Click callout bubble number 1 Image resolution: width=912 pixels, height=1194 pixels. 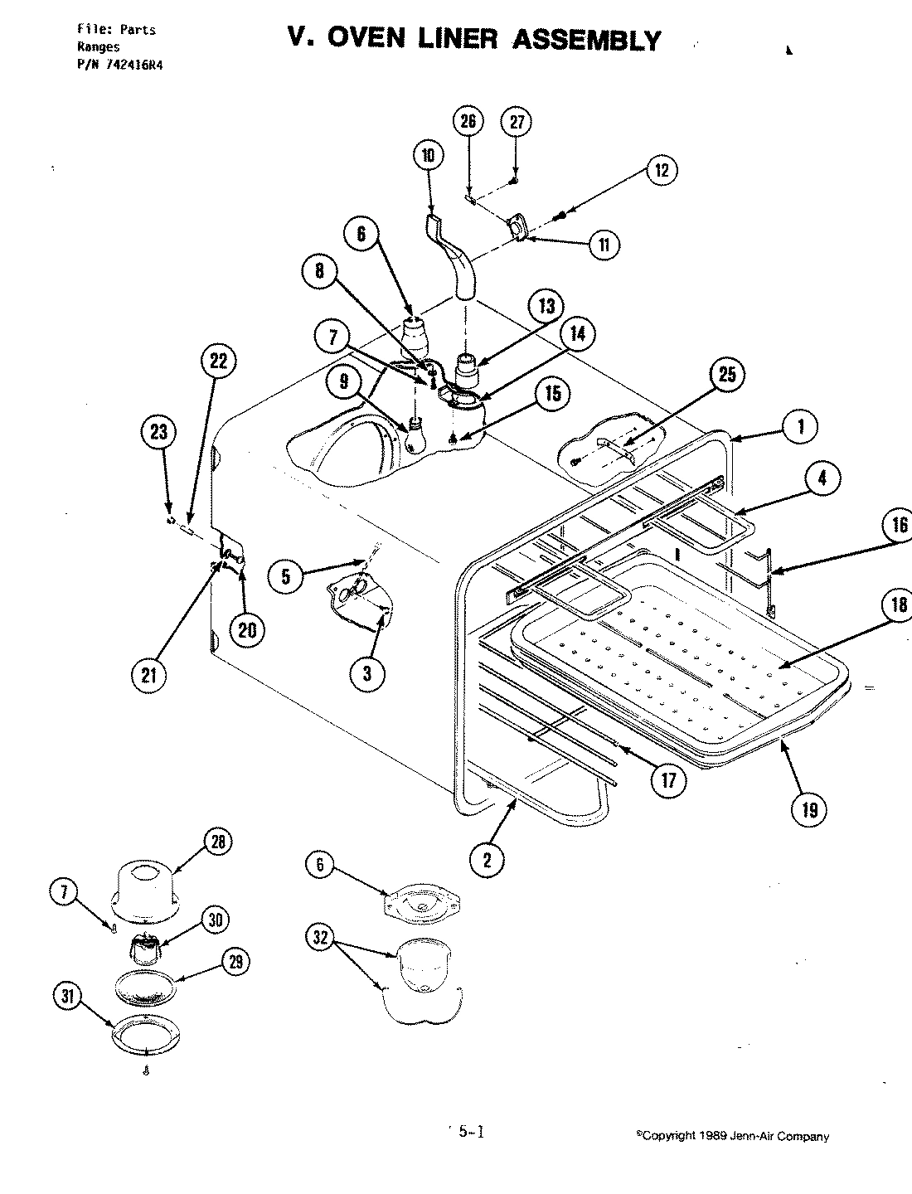click(x=800, y=427)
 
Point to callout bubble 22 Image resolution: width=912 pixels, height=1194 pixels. click(x=218, y=361)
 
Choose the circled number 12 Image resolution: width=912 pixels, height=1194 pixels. click(x=661, y=170)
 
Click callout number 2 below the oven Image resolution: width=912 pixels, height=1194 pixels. click(x=488, y=860)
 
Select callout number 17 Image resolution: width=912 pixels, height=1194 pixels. click(x=668, y=779)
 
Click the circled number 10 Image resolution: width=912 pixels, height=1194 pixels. click(x=427, y=155)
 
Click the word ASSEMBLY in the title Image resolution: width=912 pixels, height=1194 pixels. click(x=588, y=39)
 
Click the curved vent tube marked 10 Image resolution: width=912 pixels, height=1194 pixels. click(x=454, y=257)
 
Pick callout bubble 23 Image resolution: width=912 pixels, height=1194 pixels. click(x=158, y=431)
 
